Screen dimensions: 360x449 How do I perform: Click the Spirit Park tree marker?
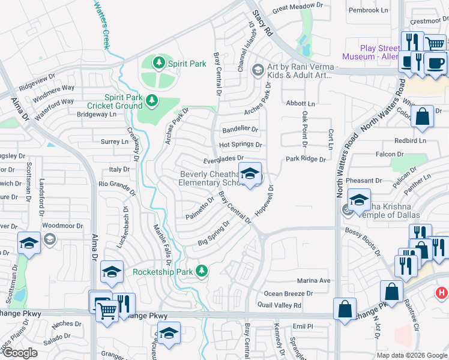(x=159, y=62)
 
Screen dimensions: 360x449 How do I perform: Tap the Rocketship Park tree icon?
(x=203, y=271)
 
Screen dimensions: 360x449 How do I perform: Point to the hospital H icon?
(x=441, y=292)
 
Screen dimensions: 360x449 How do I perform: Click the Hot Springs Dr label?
(x=241, y=145)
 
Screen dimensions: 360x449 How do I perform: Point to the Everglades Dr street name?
(x=223, y=158)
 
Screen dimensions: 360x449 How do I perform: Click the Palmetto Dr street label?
(x=199, y=208)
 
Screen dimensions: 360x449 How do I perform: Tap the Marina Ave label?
(x=314, y=280)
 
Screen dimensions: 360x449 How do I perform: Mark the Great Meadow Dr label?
(x=298, y=8)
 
